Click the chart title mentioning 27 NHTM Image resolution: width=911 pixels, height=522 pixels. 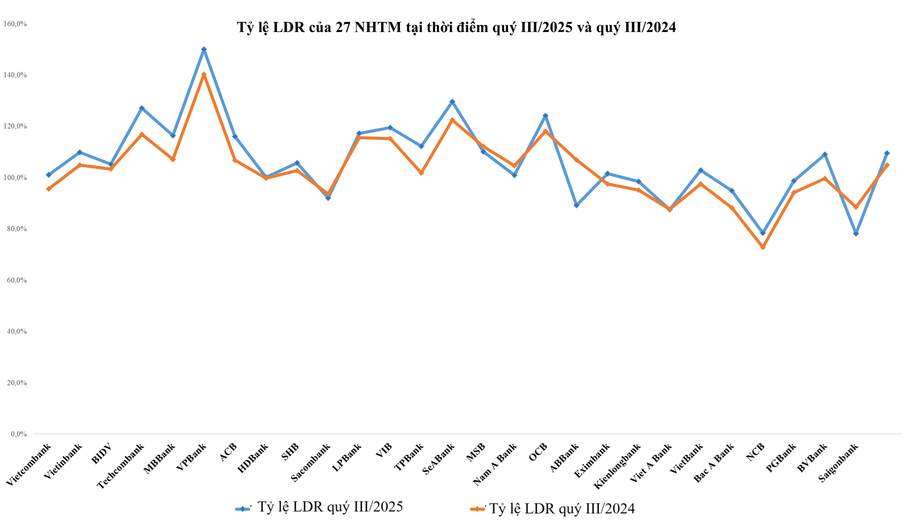[456, 28]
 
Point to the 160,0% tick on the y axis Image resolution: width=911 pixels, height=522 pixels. [15, 24]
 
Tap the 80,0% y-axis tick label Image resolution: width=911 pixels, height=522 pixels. [16, 229]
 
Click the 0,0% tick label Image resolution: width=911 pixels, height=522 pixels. [18, 434]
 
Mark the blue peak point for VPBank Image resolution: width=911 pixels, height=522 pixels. [204, 49]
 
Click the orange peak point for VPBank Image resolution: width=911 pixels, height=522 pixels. [204, 75]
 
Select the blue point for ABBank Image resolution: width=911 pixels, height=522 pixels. [577, 206]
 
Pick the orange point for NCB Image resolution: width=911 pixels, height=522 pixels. [763, 247]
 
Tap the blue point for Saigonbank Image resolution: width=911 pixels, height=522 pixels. [856, 234]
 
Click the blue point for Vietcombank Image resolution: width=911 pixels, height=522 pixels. [49, 175]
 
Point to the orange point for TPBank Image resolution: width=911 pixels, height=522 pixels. [421, 173]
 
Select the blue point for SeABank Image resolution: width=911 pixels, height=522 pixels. [452, 102]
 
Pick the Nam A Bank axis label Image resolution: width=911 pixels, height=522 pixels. [495, 464]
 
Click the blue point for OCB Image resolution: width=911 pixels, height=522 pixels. [545, 116]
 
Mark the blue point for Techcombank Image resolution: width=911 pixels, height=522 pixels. [142, 108]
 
